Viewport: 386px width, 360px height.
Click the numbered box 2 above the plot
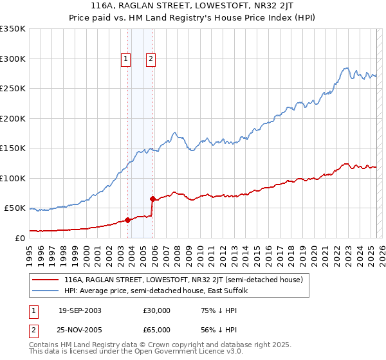point(151,59)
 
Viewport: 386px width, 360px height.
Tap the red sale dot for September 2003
point(127,220)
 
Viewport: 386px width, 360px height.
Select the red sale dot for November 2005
point(152,199)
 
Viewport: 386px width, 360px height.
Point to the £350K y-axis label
point(12,29)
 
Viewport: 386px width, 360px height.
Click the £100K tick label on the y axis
point(12,178)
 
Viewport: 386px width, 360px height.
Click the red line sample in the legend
point(45,280)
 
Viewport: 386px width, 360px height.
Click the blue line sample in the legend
point(45,291)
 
